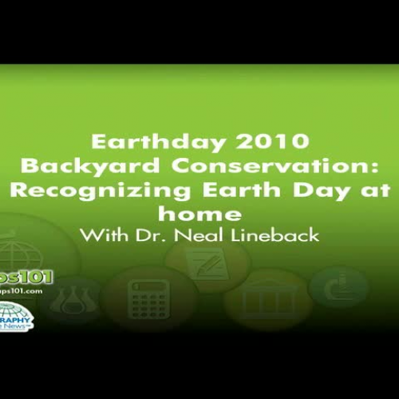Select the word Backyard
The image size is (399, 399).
pyautogui.click(x=73, y=167)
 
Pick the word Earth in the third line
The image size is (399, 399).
pyautogui.click(x=236, y=191)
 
